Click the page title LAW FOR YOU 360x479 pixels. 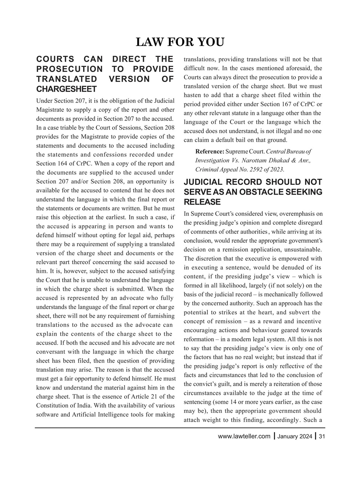pos(180,42)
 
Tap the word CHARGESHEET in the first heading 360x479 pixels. pos(66,89)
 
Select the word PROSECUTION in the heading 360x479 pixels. pos(69,69)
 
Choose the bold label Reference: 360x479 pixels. pos(210,151)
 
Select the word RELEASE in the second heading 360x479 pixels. pos(202,202)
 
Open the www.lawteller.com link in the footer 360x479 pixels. pos(244,436)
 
